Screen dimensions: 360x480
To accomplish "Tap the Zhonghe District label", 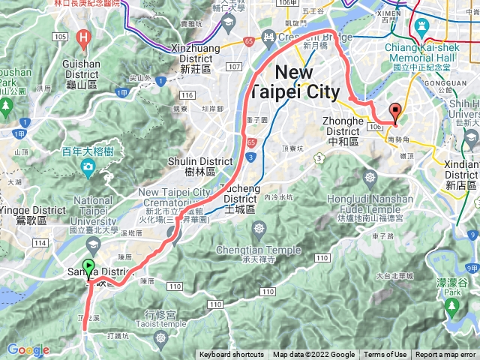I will pos(343,125).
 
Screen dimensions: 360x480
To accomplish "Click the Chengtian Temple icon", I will pos(260,229).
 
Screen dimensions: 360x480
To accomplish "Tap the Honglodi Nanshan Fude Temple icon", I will pos(369,178).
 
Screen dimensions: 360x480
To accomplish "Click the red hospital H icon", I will pos(84,36).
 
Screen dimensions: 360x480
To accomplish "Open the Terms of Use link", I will pos(385,355).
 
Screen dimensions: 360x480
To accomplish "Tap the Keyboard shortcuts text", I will pos(232,355).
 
